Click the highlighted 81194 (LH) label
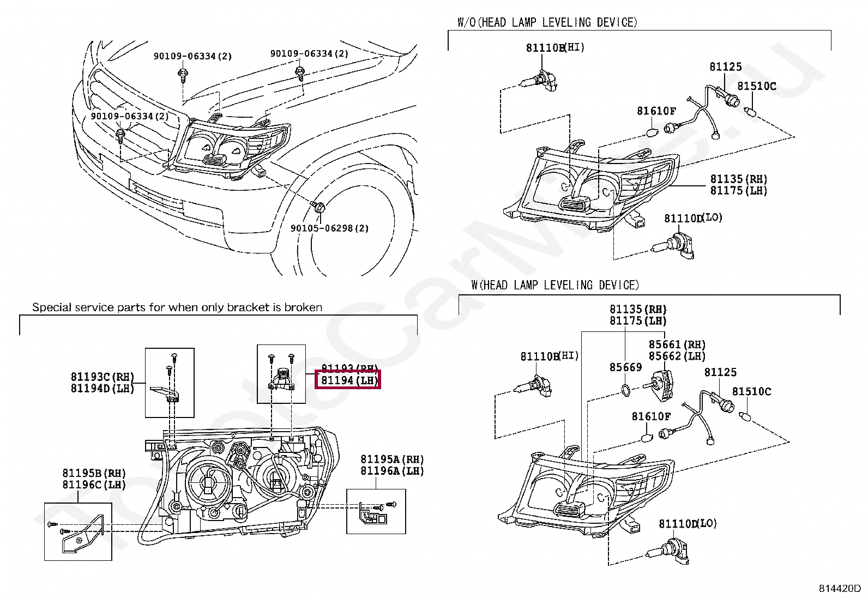pyautogui.click(x=348, y=380)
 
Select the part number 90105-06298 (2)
pyautogui.click(x=329, y=228)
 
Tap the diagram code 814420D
pyautogui.click(x=839, y=589)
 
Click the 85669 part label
pyautogui.click(x=625, y=367)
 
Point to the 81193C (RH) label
pyautogui.click(x=102, y=377)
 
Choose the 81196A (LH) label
pyautogui.click(x=391, y=471)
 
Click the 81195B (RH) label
pyautogui.click(x=94, y=473)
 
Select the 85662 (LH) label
pyautogui.click(x=677, y=356)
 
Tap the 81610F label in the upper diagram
pyautogui.click(x=656, y=111)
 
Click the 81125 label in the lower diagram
pyautogui.click(x=720, y=372)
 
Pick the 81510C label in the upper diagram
pyautogui.click(x=756, y=86)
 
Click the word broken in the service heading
pyautogui.click(x=303, y=307)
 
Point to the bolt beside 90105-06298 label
pyautogui.click(x=318, y=207)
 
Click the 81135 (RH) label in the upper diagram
pyautogui.click(x=738, y=179)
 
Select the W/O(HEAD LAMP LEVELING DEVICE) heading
pyautogui.click(x=547, y=22)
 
